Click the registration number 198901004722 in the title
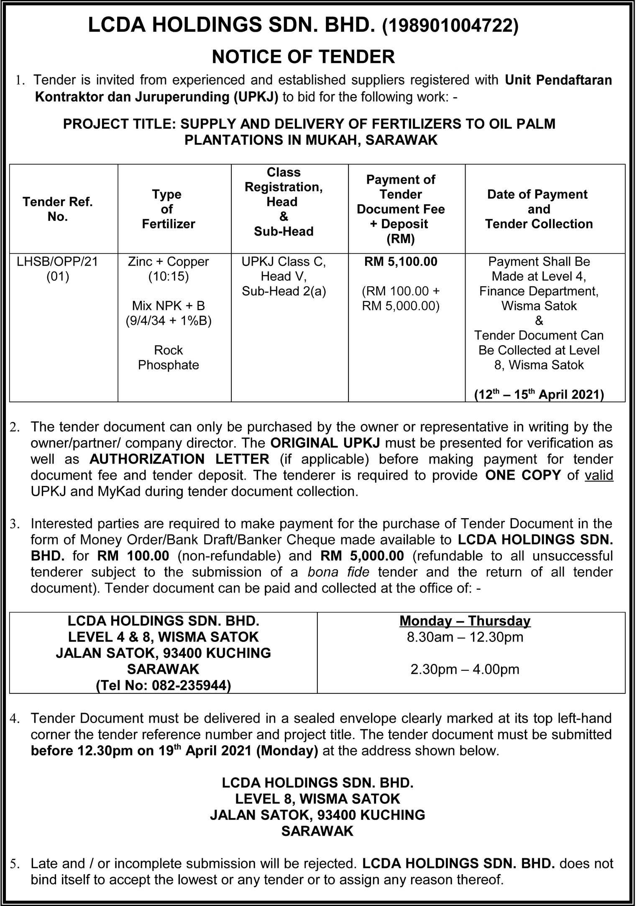[451, 26]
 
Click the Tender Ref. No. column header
[58, 209]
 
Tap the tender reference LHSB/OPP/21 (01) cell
[58, 269]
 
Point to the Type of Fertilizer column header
[169, 209]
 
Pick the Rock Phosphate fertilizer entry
[169, 358]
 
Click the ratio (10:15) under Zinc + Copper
[169, 277]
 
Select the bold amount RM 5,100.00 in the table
[401, 262]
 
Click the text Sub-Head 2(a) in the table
[284, 292]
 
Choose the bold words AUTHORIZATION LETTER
[179, 459]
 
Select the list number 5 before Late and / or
[14, 864]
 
